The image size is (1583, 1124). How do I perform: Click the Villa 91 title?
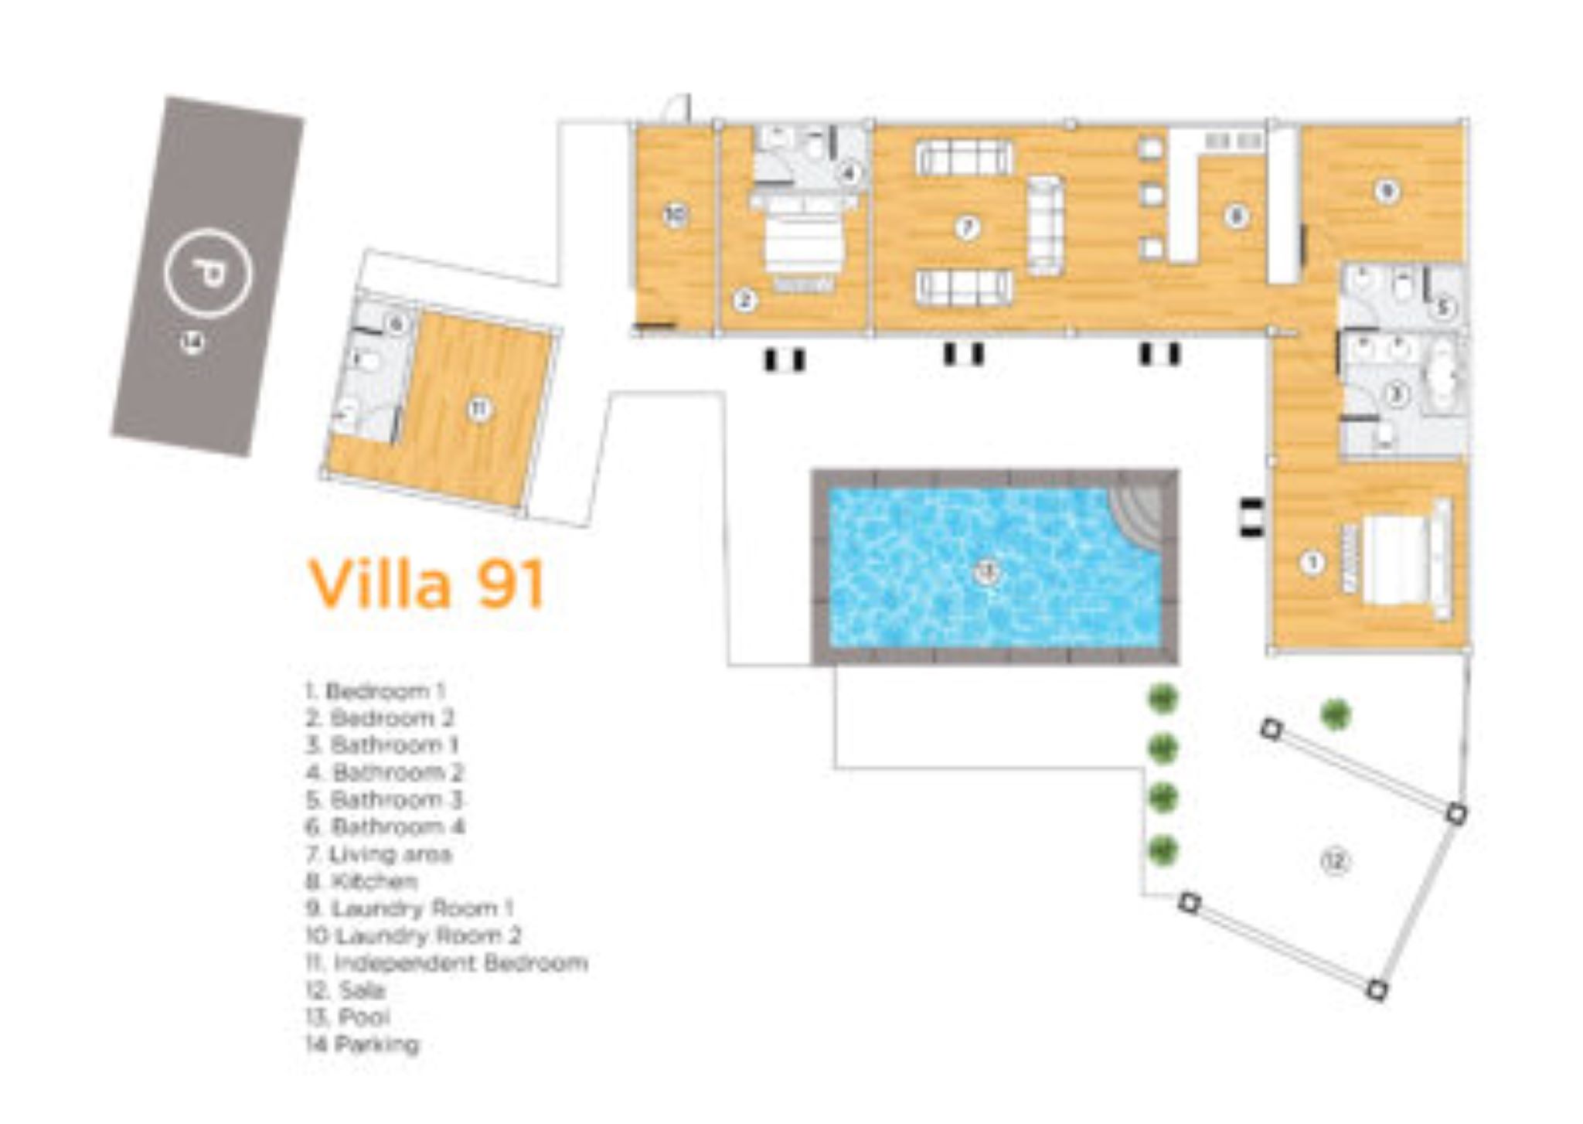click(x=427, y=584)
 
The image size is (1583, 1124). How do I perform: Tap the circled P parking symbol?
click(x=208, y=271)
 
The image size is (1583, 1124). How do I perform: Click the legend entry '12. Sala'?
click(x=346, y=990)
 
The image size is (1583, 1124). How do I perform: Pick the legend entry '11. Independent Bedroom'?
click(x=447, y=963)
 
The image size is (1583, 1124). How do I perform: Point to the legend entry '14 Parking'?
click(x=363, y=1045)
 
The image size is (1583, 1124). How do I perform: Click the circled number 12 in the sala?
click(x=1336, y=861)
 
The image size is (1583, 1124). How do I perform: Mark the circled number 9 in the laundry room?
click(x=1387, y=191)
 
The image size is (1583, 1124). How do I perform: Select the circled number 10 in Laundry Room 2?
click(x=676, y=216)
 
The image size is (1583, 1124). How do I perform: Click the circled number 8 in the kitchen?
click(x=1235, y=216)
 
